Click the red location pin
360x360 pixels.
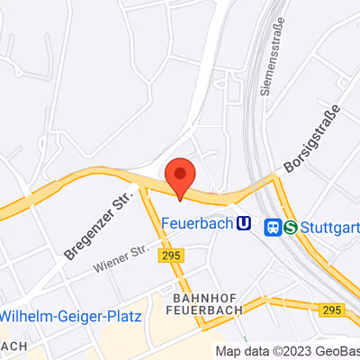tap(181, 175)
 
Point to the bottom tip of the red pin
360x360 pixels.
tap(181, 199)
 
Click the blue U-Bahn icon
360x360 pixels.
tap(243, 224)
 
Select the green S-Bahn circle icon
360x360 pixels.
tap(290, 228)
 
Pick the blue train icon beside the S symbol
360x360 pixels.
tap(273, 228)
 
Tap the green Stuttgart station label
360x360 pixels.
tap(329, 228)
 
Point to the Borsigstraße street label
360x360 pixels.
tap(312, 139)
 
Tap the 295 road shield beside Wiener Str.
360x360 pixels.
tap(170, 256)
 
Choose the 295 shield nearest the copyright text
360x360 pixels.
tap(330, 310)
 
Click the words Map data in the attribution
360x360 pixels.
tap(236, 352)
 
